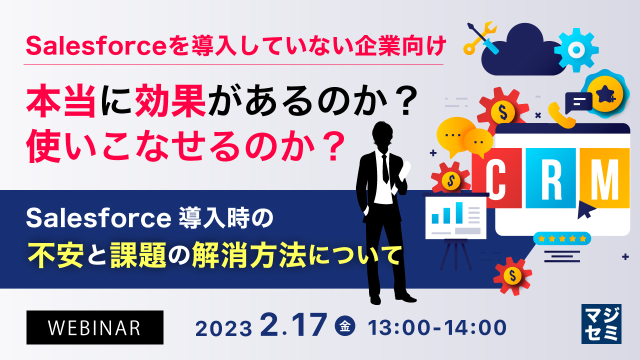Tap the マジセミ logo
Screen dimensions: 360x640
(x=601, y=323)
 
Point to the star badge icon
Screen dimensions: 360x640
(x=604, y=92)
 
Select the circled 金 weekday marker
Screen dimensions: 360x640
(x=345, y=327)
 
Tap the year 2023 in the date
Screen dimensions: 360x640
(x=223, y=329)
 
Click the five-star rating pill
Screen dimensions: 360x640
(x=562, y=238)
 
